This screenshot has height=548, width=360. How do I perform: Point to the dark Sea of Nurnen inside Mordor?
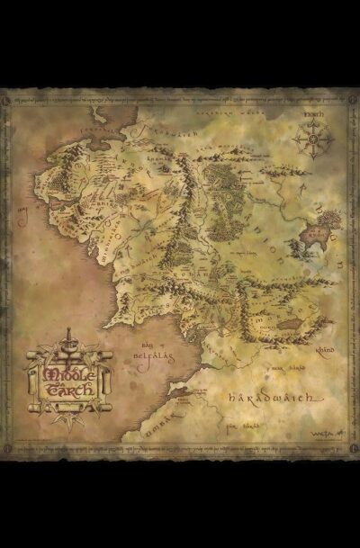[289, 324]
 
